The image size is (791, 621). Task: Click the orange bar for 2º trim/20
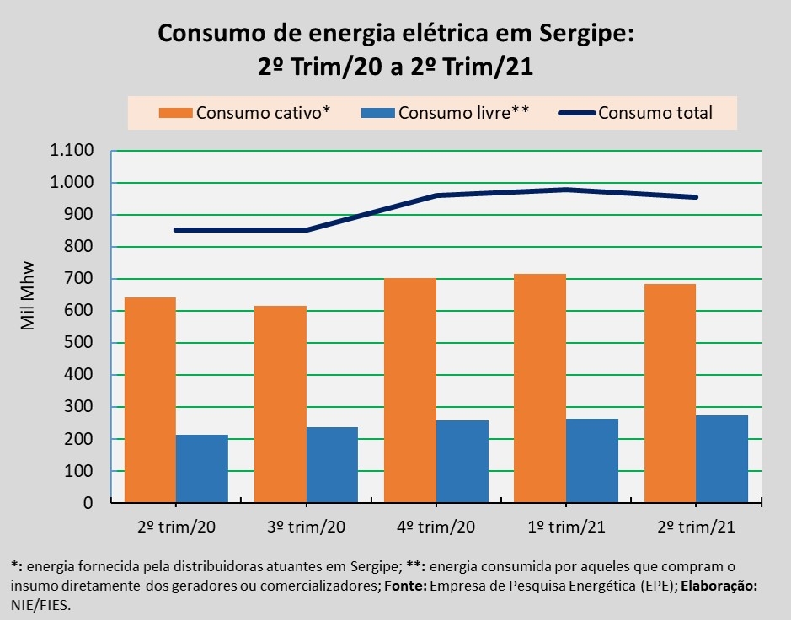150,400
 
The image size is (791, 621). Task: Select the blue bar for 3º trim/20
332,465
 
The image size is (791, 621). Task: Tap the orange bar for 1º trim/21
540,388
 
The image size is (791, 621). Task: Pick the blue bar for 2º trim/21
722,459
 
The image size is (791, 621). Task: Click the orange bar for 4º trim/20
410,391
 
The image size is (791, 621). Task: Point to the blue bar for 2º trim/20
202,469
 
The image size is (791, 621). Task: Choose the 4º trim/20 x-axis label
436,527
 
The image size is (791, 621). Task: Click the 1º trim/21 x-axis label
566,527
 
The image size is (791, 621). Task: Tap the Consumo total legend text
655,113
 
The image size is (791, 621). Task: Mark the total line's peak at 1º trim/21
566,190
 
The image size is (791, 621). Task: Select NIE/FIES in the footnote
40,604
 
